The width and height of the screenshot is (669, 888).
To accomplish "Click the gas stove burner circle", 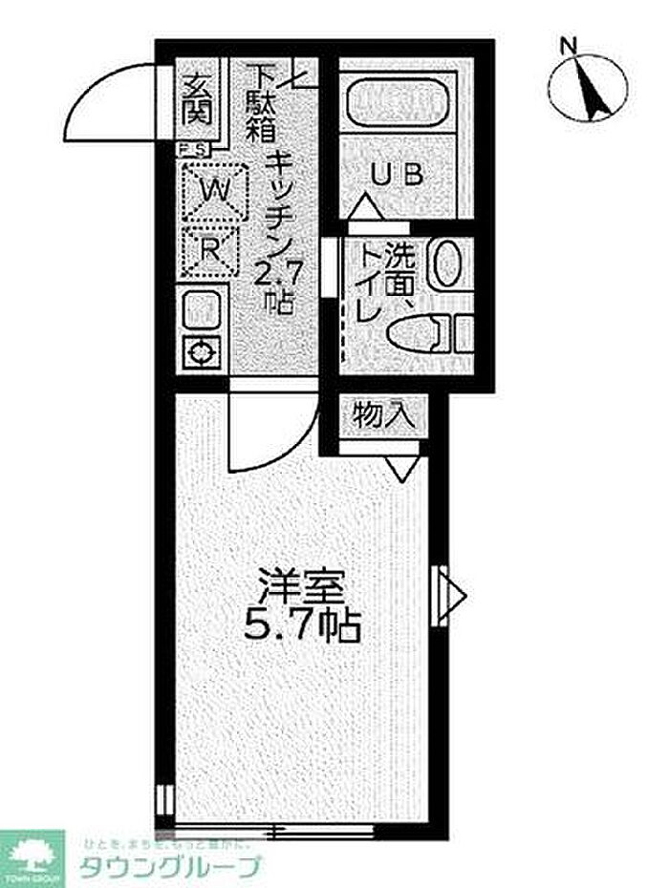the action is [x=202, y=352].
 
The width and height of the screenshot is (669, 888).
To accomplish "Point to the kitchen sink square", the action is [x=201, y=307].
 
